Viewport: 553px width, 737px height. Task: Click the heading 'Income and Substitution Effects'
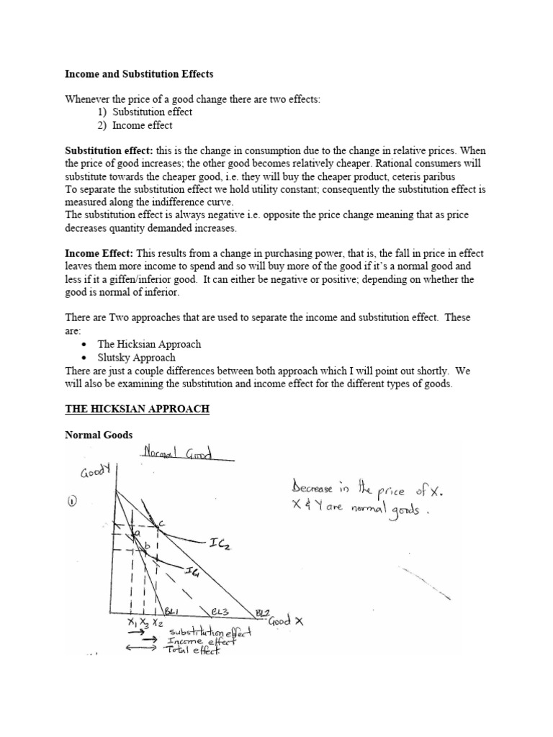coord(139,74)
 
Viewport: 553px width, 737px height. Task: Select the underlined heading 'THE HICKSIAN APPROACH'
coord(137,409)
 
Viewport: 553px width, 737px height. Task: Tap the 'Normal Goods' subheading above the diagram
coord(94,435)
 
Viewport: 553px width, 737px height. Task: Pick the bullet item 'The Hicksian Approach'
coord(149,344)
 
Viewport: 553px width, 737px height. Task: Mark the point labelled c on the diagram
coord(161,524)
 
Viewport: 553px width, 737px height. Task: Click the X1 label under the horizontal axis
coord(131,621)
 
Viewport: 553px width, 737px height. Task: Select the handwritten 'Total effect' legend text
coord(193,651)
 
